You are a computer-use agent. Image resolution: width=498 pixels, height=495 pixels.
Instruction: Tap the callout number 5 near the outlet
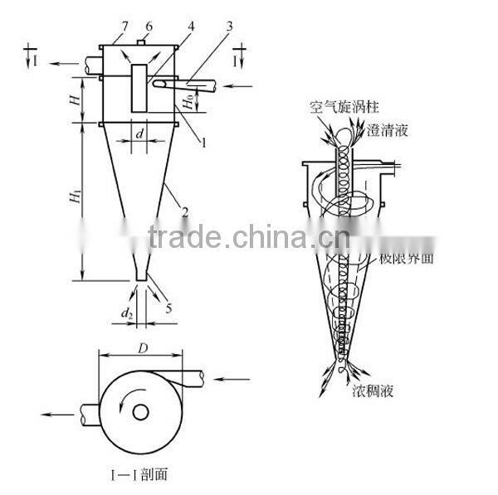pyautogui.click(x=171, y=309)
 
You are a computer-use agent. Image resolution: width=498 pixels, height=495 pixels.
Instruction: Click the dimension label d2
pyautogui.click(x=127, y=313)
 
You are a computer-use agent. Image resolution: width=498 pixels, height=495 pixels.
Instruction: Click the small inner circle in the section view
pyautogui.click(x=140, y=411)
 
